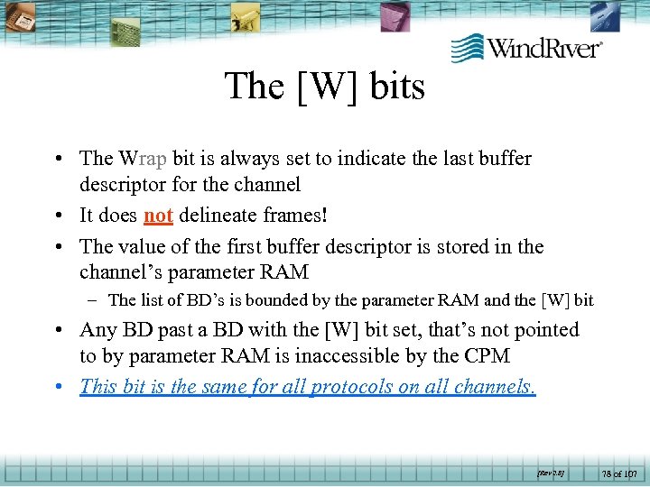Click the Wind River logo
point(526,48)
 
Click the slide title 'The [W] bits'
point(324,87)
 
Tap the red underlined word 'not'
point(158,216)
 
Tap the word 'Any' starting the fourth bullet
point(97,330)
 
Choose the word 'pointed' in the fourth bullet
point(544,330)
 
